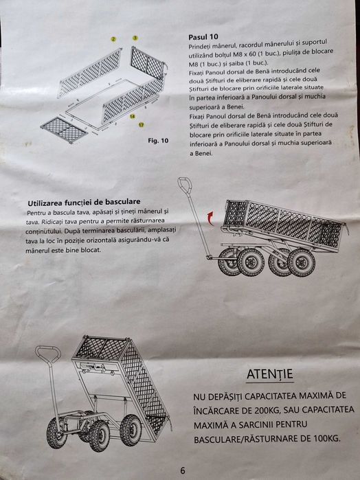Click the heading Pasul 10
[203, 37]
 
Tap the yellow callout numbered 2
[113, 39]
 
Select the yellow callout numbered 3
[135, 38]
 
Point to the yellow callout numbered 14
[132, 116]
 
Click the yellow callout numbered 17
[142, 125]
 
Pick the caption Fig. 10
[158, 141]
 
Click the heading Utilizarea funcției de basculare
[84, 203]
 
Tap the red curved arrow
[210, 218]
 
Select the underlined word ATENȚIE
[270, 374]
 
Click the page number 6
[183, 470]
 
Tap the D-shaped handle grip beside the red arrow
[185, 185]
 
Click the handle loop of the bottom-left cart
[48, 353]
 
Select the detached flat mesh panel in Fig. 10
[65, 130]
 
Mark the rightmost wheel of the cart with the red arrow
[302, 262]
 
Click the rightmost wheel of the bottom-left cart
[131, 430]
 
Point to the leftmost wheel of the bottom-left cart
[56, 433]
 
